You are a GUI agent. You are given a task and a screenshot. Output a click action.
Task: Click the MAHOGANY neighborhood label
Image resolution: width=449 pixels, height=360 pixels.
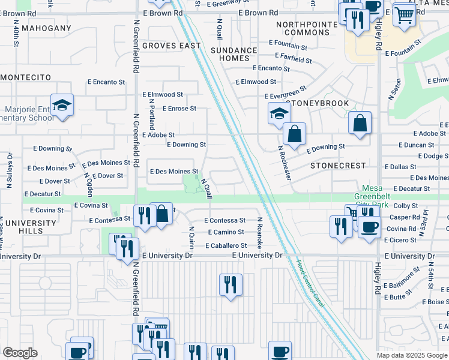pyautogui.click(x=46, y=28)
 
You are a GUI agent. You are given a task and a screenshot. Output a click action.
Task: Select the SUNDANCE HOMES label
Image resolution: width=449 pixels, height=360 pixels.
pyautogui.click(x=238, y=55)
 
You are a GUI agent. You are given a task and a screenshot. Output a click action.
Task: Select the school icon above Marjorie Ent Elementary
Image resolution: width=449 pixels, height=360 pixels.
pyautogui.click(x=62, y=106)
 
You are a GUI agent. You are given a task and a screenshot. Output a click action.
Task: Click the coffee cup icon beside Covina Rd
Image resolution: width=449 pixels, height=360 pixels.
pyautogui.click(x=369, y=227)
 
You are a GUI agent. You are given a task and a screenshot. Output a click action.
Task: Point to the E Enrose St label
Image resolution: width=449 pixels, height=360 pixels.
pyautogui.click(x=179, y=109)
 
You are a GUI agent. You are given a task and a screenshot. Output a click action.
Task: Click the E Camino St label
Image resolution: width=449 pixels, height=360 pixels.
pyautogui.click(x=226, y=232)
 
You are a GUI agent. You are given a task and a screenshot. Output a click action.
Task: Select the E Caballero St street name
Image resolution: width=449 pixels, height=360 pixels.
pyautogui.click(x=226, y=245)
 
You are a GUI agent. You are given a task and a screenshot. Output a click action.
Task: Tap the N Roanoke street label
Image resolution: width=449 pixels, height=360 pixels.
pyautogui.click(x=260, y=233)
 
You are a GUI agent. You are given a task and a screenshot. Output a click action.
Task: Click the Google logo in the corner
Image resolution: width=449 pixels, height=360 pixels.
pyautogui.click(x=20, y=353)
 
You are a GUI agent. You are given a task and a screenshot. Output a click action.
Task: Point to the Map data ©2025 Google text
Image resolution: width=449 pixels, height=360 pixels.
pyautogui.click(x=412, y=355)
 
